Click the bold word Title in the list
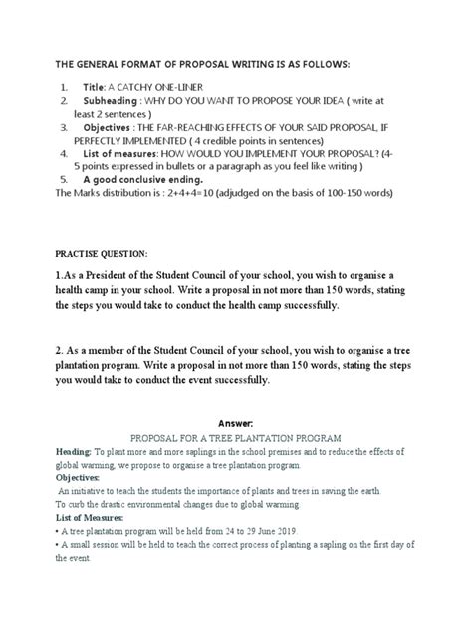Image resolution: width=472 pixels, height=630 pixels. (x=95, y=87)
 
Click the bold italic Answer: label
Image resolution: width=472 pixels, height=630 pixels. (x=236, y=423)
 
